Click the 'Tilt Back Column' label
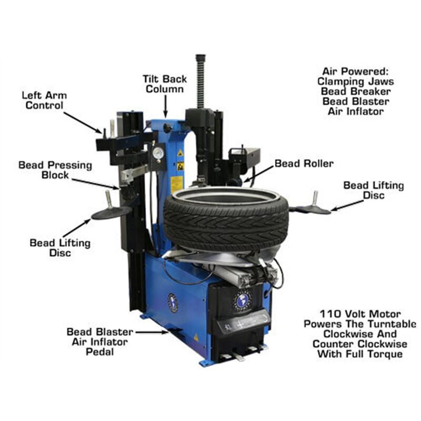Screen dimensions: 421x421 pos(164,84)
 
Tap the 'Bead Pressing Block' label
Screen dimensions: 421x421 pos(55,170)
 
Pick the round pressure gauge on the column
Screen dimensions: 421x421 pos(157,154)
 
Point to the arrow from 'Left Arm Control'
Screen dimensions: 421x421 pos(84,122)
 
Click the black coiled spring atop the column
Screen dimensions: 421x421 pos(200,82)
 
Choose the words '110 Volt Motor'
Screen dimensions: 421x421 pos(359,313)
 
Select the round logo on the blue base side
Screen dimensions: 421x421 pos(173,303)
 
